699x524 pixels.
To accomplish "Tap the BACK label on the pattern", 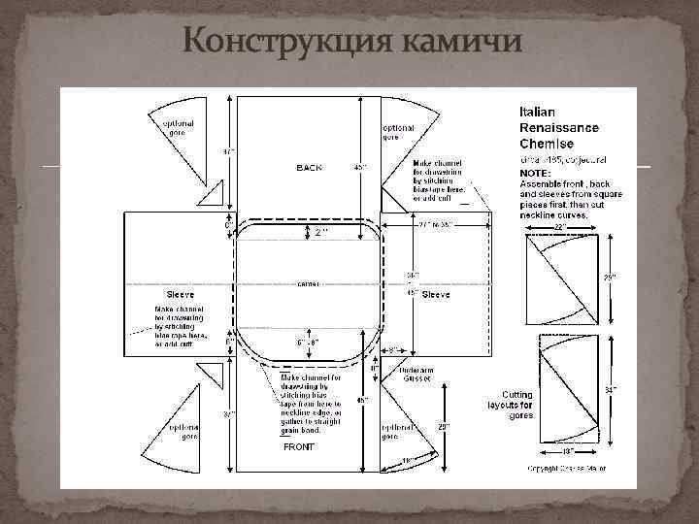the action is tap(309, 168).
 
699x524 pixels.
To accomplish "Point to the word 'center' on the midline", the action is tap(309, 284).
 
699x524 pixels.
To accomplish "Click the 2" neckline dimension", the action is tap(319, 234).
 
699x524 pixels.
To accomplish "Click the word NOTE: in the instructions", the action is tap(538, 173).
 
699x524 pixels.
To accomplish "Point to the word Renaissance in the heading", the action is tap(559, 127).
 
